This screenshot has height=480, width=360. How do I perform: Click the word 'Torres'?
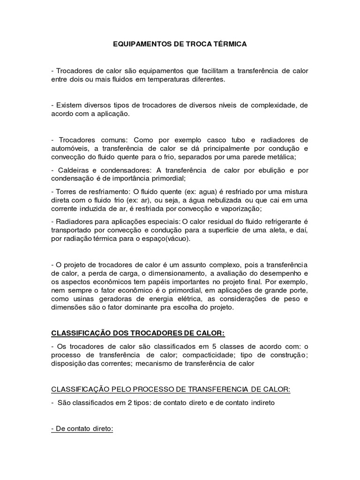[x=67, y=191]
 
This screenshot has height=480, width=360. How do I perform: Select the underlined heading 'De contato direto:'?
[x=82, y=428]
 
